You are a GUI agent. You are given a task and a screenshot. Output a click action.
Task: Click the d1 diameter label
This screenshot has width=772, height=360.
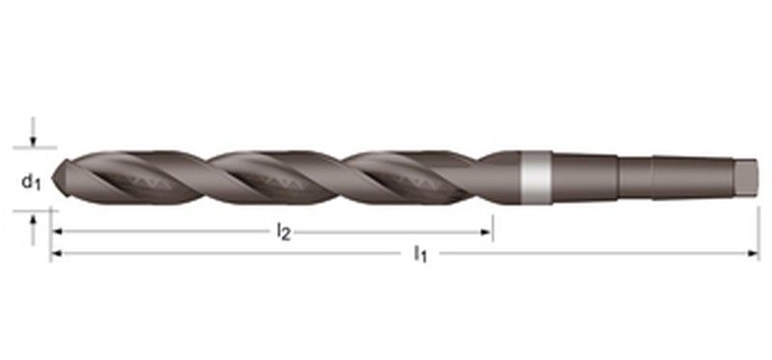[31, 182]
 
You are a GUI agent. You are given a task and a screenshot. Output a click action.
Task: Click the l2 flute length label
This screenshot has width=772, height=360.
[283, 231]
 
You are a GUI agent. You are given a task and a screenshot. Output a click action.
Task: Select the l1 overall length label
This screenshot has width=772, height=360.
[420, 254]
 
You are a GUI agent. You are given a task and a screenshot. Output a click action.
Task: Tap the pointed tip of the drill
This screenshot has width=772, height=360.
[53, 178]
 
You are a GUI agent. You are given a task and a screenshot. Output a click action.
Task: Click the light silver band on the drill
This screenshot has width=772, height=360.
[537, 178]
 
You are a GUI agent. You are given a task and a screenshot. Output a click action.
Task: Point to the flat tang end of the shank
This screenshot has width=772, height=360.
[746, 178]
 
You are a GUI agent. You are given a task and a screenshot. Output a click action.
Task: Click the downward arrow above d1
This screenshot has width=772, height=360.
[33, 131]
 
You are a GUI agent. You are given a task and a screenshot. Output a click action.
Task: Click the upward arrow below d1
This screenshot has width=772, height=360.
[33, 230]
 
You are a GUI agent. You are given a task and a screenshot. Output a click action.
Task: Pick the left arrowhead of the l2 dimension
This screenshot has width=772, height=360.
[57, 231]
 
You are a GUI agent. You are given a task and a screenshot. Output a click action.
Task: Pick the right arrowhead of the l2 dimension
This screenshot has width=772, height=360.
[486, 232]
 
